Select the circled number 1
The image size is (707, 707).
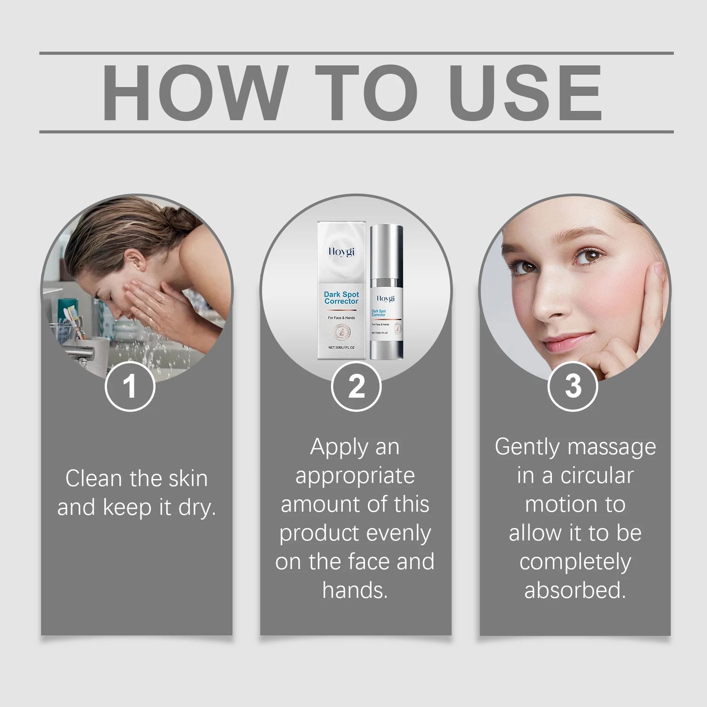130,386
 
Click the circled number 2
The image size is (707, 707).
356,386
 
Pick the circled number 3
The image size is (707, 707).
572,386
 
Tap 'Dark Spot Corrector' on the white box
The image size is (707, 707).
341,298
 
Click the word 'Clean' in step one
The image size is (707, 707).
93,478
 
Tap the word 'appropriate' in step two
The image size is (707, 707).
355,476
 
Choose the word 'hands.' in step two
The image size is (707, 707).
355,590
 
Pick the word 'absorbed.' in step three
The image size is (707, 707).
575,590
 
